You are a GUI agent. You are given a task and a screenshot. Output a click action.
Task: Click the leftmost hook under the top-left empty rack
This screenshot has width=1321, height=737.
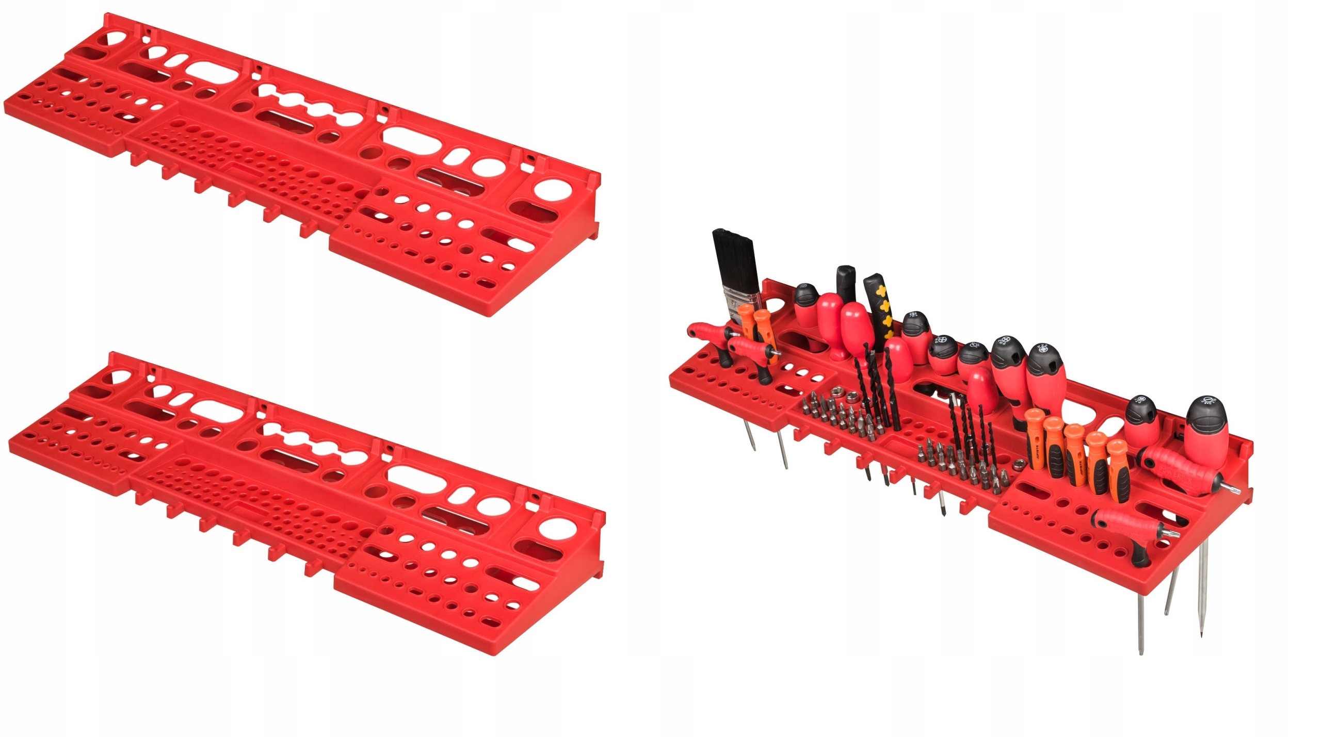136,158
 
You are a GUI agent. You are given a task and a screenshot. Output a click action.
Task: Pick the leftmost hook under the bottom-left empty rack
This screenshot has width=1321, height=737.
139,498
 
